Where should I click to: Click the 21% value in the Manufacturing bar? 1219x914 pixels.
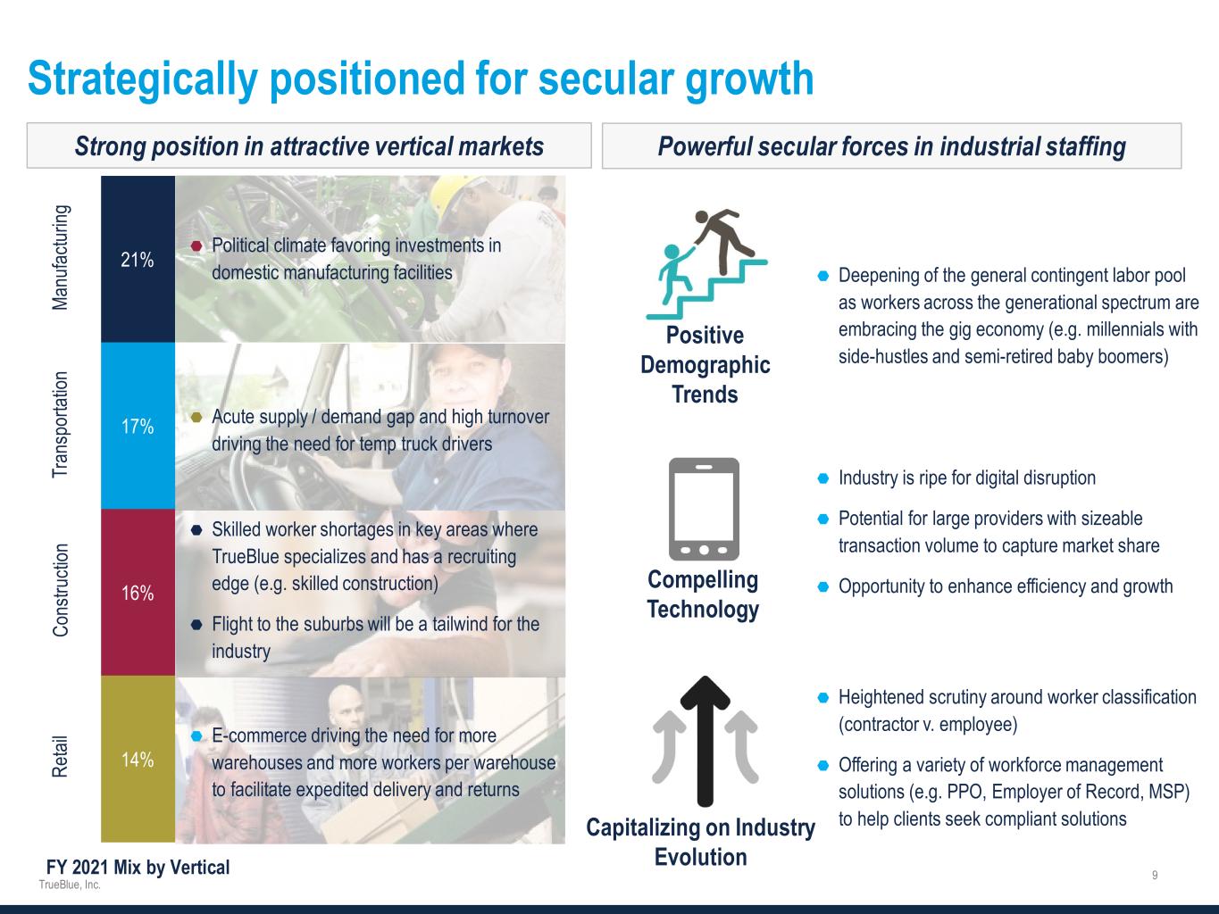138,260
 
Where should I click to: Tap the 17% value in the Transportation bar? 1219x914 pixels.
138,426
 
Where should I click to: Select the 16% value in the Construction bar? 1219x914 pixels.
138,593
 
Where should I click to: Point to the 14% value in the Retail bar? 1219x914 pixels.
138,760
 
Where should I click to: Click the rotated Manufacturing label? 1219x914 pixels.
60,257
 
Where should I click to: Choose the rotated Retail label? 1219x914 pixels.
60,756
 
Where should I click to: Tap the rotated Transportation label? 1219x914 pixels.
60,425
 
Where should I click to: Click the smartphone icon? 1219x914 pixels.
704,509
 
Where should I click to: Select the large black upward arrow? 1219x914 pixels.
705,741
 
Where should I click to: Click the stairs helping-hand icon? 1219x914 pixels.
706,264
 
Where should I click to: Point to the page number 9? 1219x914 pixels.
1155,875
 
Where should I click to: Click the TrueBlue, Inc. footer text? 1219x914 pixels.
70,885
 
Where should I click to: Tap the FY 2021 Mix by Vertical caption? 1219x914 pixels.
138,867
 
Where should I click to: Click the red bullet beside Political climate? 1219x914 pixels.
196,245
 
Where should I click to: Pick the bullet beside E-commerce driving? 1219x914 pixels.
196,735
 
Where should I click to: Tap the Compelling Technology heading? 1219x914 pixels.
703,594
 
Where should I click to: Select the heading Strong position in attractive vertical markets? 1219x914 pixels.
309,146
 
